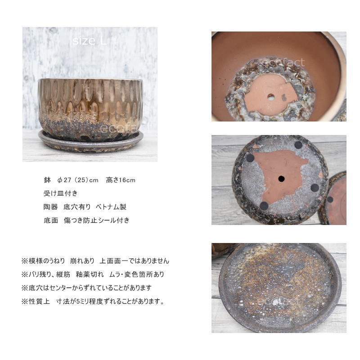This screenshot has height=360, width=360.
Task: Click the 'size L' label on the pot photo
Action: click(89, 41)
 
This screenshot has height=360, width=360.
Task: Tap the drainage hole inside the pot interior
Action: click(271, 97)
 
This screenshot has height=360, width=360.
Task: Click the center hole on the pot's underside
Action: click(282, 179)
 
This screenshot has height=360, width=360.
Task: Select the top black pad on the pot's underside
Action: click(298, 145)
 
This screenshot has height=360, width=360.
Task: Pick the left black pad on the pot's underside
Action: click(250, 158)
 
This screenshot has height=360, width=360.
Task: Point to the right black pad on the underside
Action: click(315, 188)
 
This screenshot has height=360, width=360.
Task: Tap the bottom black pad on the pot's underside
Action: click(264, 206)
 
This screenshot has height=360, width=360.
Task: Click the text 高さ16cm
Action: click(121, 180)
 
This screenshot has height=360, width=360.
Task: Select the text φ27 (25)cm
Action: click(78, 180)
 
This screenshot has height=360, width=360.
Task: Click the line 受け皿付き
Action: click(61, 193)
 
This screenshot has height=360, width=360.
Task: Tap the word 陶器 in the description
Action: click(50, 207)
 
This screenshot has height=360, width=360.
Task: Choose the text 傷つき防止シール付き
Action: click(97, 220)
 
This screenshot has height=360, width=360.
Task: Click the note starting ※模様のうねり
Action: click(95, 261)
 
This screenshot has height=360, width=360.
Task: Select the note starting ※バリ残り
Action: click(93, 274)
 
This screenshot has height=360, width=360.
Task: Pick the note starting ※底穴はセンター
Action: click(86, 288)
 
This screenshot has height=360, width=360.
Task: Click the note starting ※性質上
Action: click(93, 301)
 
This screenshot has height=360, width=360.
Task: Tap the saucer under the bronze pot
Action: click(91, 142)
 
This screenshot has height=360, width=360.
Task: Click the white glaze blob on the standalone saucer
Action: click(276, 302)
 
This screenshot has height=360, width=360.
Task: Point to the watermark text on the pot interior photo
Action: click(284, 63)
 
